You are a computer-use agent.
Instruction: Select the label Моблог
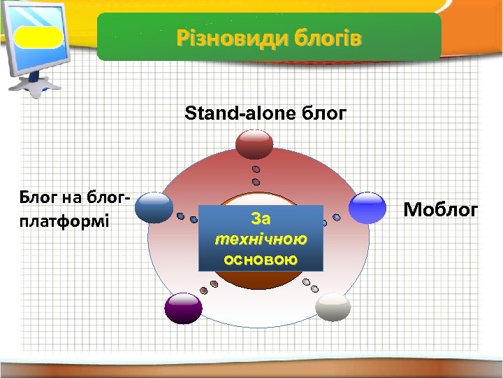coord(441,209)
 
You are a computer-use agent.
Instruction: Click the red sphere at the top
coord(255,143)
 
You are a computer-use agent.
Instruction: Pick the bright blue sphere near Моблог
coord(367,207)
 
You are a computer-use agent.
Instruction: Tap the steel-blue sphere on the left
coord(154,207)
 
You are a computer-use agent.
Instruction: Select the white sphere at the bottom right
coord(333,307)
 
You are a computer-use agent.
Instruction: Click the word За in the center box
coord(261,218)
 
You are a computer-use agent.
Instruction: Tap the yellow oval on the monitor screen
coord(38,37)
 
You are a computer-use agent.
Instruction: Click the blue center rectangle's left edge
coord(200,238)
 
